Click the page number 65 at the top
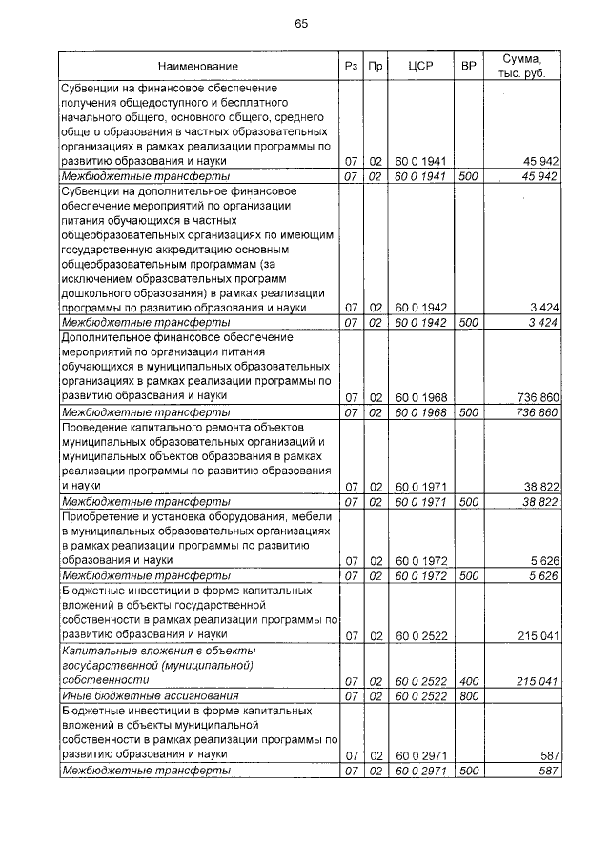(x=301, y=24)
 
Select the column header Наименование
(x=198, y=67)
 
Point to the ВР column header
(x=468, y=67)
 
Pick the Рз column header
(x=350, y=67)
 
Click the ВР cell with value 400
(x=468, y=682)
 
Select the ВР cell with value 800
(x=468, y=697)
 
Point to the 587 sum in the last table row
(x=547, y=771)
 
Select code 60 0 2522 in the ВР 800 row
(x=421, y=697)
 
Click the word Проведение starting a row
(x=95, y=428)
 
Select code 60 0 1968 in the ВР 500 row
(x=421, y=412)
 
